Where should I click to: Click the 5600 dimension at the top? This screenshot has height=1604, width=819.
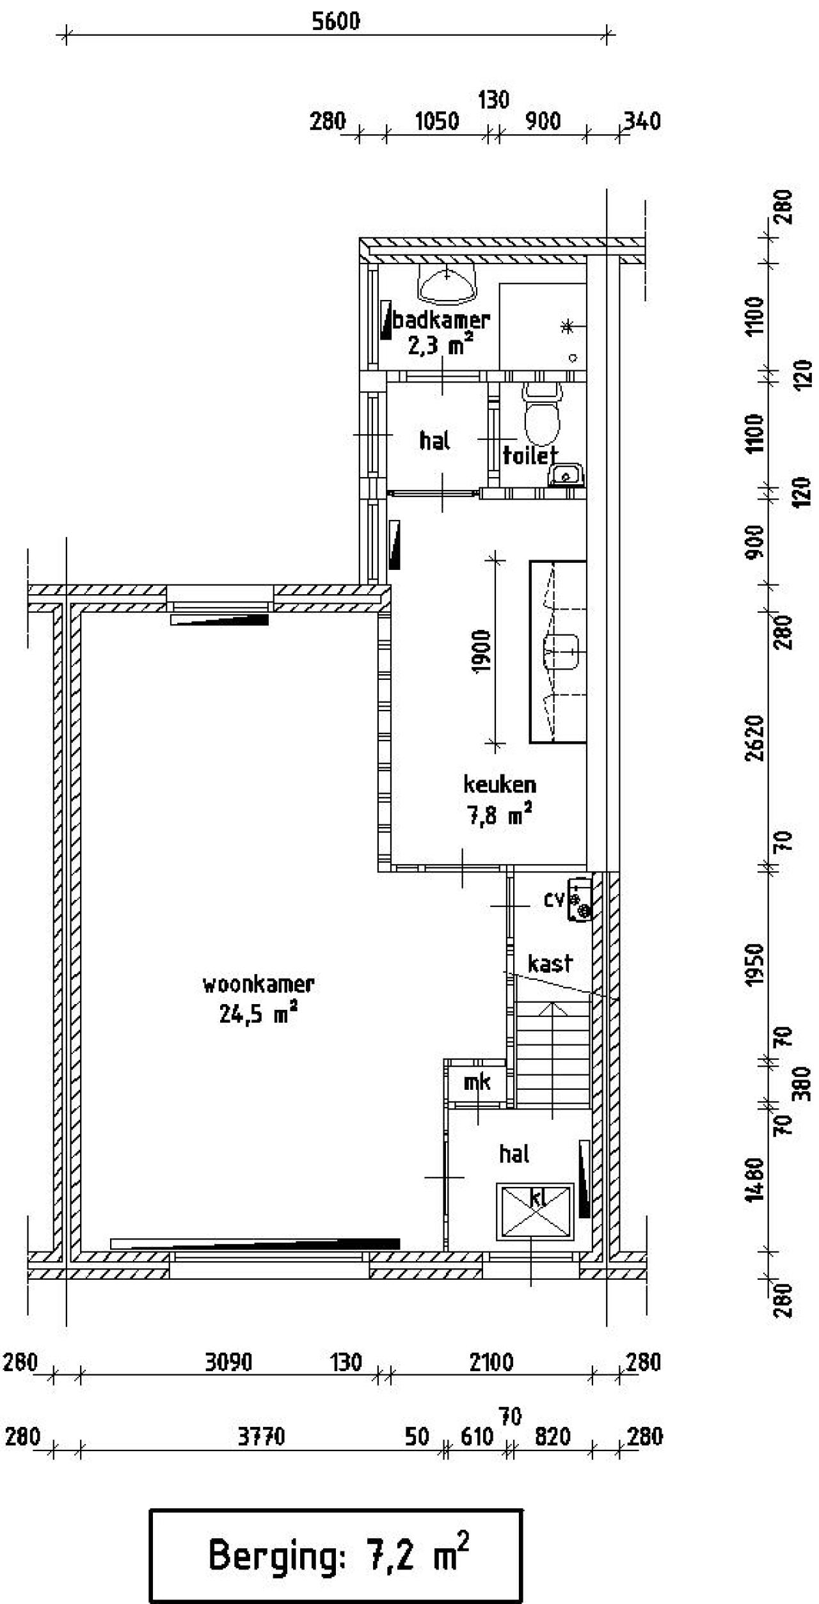(x=336, y=22)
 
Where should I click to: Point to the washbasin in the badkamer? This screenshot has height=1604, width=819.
(x=447, y=283)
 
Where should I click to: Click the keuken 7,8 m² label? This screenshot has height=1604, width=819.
(x=500, y=799)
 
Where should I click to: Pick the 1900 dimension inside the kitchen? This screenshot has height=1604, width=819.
(x=481, y=651)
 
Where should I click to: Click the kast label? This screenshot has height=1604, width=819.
(x=550, y=963)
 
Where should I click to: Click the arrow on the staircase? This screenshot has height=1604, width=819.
(x=553, y=1010)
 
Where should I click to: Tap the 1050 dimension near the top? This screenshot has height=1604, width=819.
(x=437, y=121)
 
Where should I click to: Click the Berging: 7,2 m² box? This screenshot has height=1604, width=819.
(x=336, y=1555)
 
